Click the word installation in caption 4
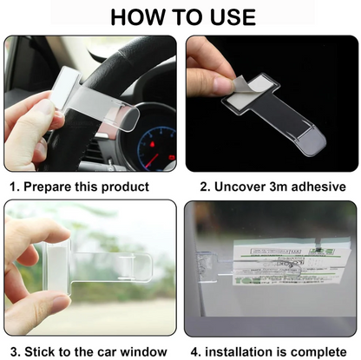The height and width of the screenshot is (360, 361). tap(240, 350)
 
